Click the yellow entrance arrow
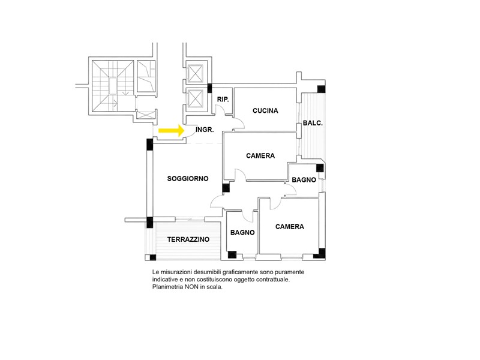click(x=171, y=130)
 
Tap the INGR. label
click(x=205, y=130)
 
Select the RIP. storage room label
click(x=223, y=100)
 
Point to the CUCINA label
click(x=265, y=110)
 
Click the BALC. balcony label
click(x=313, y=123)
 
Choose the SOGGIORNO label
click(x=188, y=178)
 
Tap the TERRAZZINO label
click(x=188, y=239)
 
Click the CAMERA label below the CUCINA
click(x=260, y=156)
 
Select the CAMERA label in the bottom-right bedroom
click(x=290, y=227)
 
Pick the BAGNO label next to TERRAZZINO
click(x=242, y=233)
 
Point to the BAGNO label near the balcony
click(x=304, y=179)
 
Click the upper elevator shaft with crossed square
click(x=196, y=73)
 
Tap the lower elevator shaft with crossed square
click(x=196, y=98)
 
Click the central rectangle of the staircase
click(x=113, y=85)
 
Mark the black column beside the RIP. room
click(x=209, y=88)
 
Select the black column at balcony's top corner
click(x=321, y=89)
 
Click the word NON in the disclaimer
click(x=191, y=287)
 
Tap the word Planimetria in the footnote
click(x=167, y=287)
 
